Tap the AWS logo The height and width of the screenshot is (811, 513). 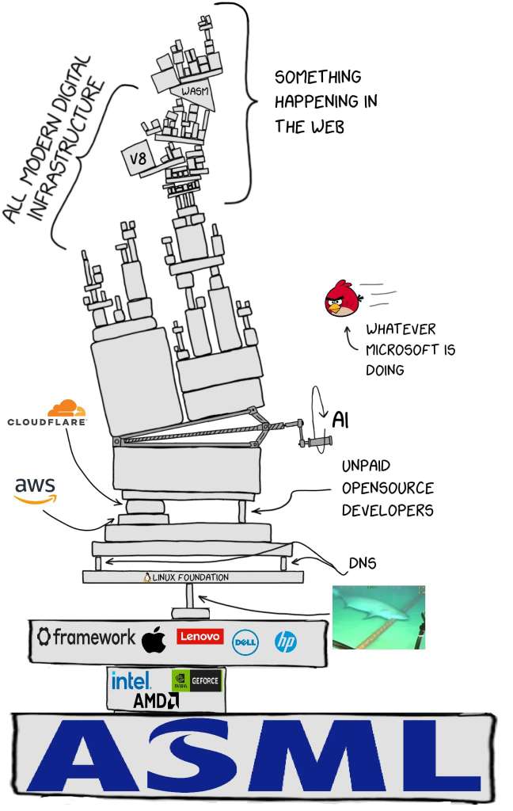pos(35,489)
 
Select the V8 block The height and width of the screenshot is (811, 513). pos(138,158)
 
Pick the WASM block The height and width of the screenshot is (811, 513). pos(194,93)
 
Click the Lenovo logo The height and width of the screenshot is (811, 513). pos(199,636)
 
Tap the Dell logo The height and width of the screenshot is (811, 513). pos(245,642)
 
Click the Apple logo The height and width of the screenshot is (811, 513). pos(154,639)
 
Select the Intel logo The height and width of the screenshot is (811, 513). pos(131,680)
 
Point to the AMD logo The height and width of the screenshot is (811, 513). pos(156,701)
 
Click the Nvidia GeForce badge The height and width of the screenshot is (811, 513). pos(196,680)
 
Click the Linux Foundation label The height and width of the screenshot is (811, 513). pos(186,577)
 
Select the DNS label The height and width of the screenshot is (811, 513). pos(363,563)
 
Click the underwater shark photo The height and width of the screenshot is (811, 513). pos(378,617)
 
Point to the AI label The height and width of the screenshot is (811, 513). pos(340,420)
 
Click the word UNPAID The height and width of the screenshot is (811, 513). pos(366,466)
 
